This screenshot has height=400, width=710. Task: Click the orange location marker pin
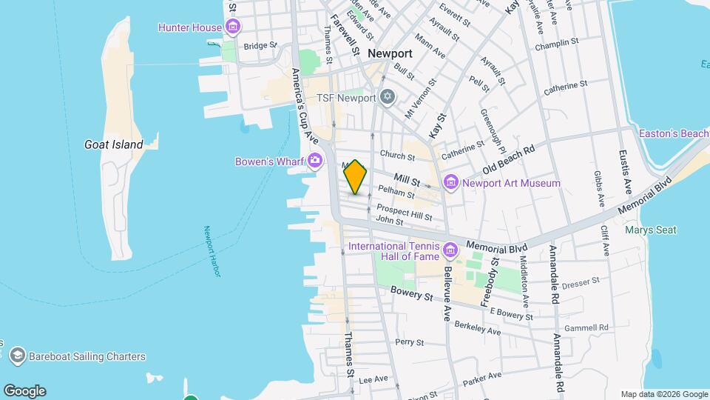pos(356,177)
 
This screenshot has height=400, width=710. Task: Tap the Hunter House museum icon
pos(233,28)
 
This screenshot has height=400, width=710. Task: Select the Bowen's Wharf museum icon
pos(316,161)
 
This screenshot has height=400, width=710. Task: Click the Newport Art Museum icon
pos(450,183)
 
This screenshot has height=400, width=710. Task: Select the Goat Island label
pos(113,145)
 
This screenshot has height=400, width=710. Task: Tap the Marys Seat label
pos(650,230)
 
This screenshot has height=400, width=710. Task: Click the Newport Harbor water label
pos(212,252)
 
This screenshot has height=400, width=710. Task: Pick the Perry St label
pos(409,342)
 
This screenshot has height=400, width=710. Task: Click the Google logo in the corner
pos(24,391)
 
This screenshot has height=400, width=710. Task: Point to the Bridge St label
pos(260,45)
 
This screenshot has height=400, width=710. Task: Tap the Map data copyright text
pos(664,394)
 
